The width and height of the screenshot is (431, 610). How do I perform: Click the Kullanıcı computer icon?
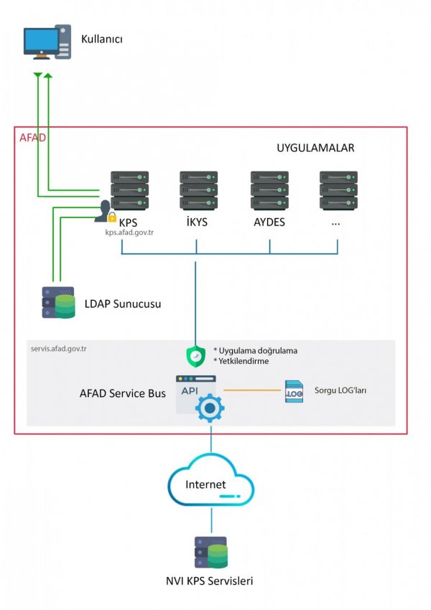[47, 42]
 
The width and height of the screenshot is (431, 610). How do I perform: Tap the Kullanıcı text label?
[101, 39]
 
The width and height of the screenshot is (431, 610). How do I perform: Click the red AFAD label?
[33, 138]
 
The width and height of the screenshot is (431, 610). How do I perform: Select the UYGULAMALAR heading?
[315, 148]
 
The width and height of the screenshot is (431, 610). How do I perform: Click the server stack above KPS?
[129, 191]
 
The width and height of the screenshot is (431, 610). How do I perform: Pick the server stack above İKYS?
[198, 191]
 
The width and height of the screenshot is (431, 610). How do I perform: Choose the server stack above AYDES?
[269, 191]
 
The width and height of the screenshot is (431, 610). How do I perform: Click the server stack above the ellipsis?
[338, 191]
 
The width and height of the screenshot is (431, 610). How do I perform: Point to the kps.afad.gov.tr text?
[129, 233]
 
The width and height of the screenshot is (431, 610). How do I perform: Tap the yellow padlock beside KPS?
[112, 217]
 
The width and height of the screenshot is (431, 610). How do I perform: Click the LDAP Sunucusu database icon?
[58, 303]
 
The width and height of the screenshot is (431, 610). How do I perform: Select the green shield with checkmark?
[196, 355]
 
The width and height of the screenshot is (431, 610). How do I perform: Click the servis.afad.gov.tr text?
[59, 349]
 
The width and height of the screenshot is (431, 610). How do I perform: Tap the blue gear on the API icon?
[210, 408]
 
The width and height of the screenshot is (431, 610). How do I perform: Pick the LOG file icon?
[294, 391]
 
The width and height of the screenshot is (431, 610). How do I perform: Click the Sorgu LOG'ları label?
[340, 390]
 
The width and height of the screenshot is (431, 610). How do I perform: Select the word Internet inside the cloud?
[205, 484]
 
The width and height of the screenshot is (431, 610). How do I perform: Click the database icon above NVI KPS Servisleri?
[211, 553]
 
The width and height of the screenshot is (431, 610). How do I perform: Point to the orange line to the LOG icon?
[252, 390]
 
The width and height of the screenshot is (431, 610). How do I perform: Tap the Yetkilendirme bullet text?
[241, 361]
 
